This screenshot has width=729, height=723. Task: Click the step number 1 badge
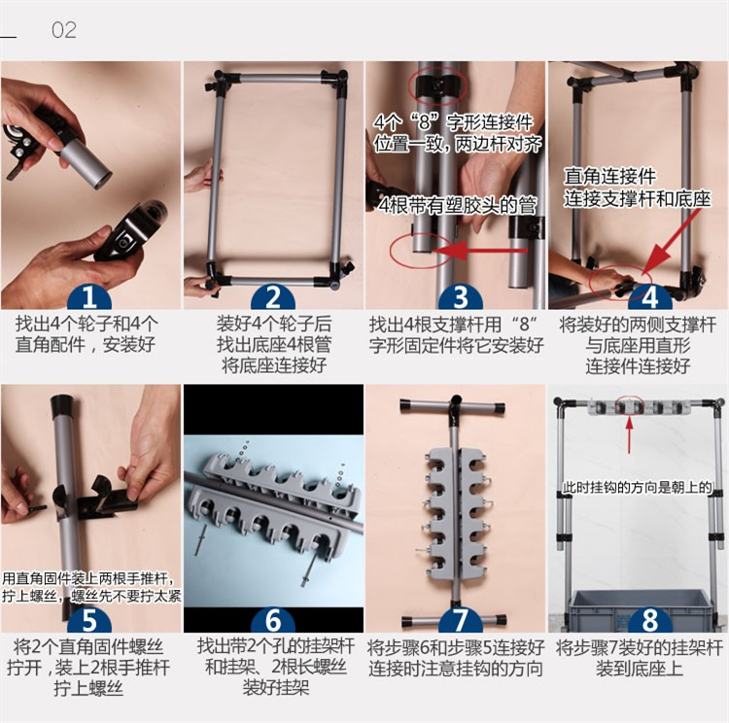click(89, 296)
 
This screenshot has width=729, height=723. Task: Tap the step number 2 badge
click(273, 296)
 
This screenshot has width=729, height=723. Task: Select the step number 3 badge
click(461, 296)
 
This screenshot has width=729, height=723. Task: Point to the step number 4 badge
click(649, 296)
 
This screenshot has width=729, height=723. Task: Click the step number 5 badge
click(89, 619)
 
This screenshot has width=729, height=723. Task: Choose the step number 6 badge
click(273, 619)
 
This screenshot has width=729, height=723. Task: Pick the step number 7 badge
click(461, 619)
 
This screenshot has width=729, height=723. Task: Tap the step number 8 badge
click(649, 619)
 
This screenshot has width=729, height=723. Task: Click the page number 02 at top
click(64, 30)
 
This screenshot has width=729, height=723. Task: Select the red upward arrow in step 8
click(629, 434)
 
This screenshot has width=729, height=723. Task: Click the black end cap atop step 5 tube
click(63, 405)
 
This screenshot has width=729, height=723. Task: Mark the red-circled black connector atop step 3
click(437, 86)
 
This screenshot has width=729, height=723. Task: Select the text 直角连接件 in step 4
click(610, 176)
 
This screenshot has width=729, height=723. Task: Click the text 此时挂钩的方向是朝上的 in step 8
click(637, 487)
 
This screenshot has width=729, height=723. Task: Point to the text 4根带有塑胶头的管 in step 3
click(458, 205)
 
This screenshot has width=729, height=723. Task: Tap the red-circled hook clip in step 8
click(629, 406)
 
